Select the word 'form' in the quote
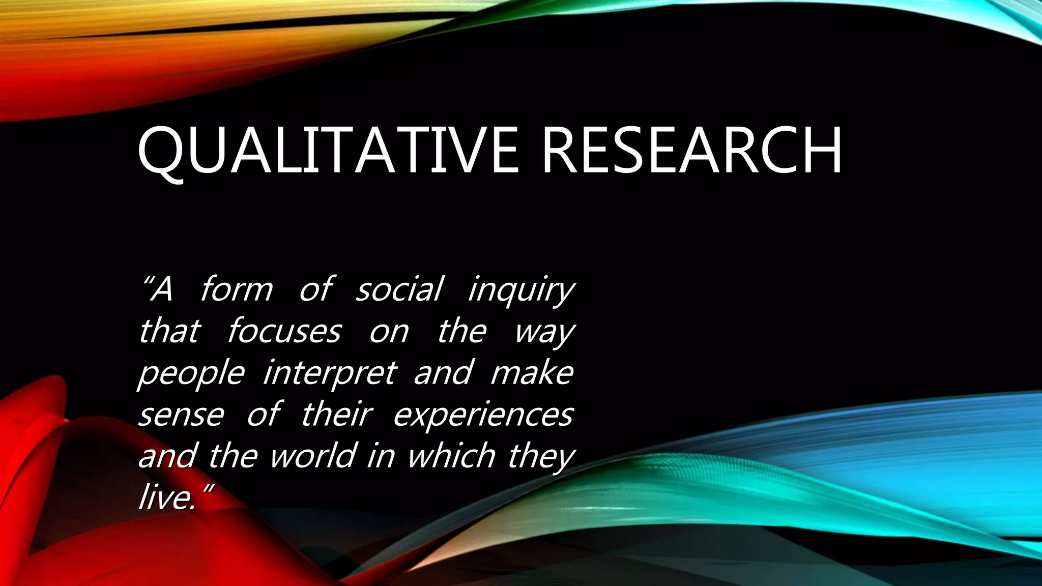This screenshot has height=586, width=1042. [236, 289]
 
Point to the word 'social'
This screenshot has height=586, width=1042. [398, 289]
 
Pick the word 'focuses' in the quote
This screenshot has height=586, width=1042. [283, 331]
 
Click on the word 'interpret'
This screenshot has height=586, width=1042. [329, 373]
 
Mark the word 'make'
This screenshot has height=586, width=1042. [532, 372]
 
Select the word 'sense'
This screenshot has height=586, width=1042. [181, 415]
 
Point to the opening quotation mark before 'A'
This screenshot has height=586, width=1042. [148, 280]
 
